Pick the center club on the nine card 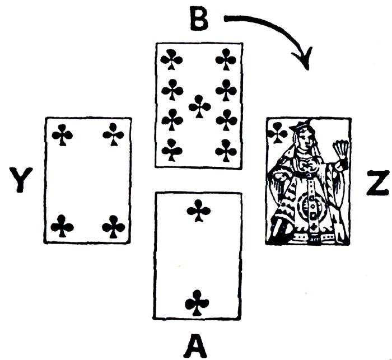point(199,106)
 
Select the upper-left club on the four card point(62,135)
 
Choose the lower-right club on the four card point(114,227)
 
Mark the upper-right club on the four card point(114,135)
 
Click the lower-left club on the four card point(62,227)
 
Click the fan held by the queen point(339,149)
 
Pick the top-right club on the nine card point(226,59)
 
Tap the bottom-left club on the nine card point(172,150)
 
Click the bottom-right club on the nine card point(226,150)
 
